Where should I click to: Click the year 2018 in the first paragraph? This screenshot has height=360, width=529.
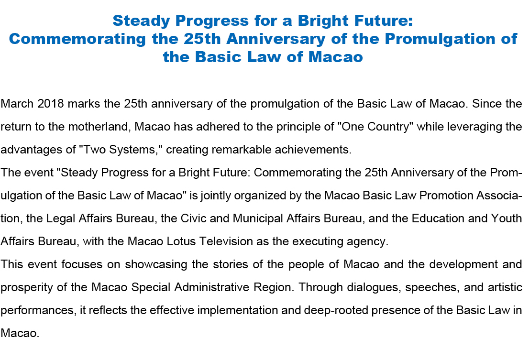51,103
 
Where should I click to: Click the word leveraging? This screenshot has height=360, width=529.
474,127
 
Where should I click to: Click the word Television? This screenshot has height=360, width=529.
226,241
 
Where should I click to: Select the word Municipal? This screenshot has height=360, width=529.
257,218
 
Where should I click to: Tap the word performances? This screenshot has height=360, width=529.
38,310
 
